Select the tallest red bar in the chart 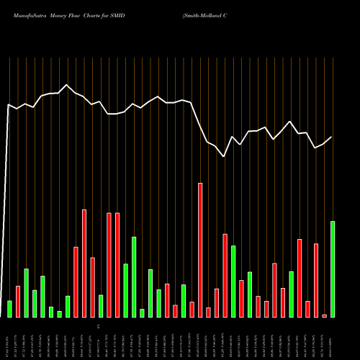[200, 250]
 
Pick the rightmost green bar [333, 269]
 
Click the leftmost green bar [9, 309]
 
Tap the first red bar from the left [18, 302]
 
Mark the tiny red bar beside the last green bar [324, 316]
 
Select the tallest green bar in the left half [134, 276]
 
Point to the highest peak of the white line [68, 85]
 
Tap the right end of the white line [332, 137]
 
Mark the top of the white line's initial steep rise [9, 105]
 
